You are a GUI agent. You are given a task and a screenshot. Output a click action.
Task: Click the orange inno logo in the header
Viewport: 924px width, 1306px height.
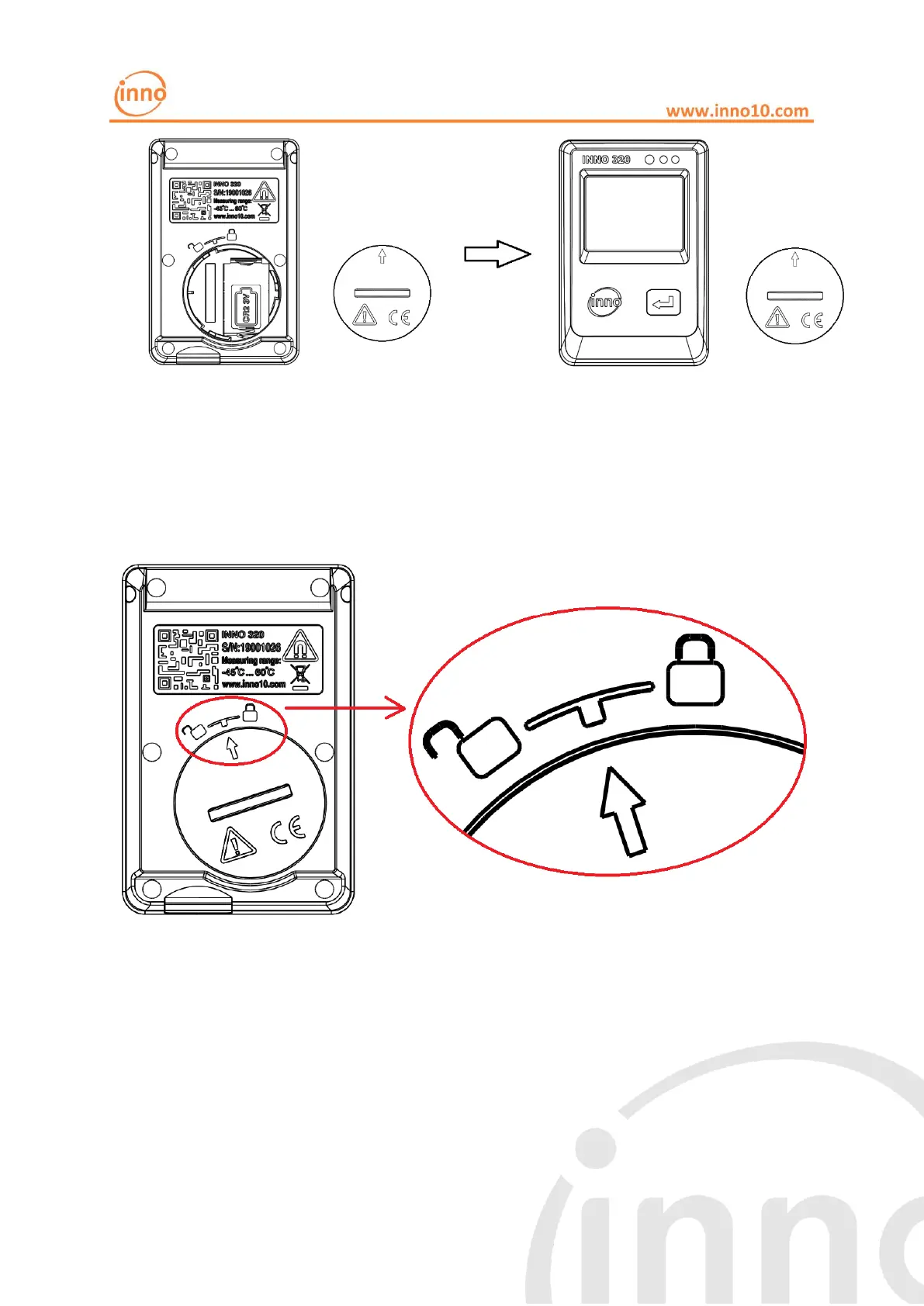140,94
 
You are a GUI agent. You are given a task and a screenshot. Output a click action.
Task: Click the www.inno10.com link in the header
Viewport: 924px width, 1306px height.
736,111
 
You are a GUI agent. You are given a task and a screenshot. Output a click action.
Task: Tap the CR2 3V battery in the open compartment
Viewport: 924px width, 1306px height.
246,307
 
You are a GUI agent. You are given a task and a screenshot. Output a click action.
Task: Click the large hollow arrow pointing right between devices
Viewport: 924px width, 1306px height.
497,254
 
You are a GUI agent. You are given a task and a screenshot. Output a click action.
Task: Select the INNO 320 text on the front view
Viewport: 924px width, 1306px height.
606,160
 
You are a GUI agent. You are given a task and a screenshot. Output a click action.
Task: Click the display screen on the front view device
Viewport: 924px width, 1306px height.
634,212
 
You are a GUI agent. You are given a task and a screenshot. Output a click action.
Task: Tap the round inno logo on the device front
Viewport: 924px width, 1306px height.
605,302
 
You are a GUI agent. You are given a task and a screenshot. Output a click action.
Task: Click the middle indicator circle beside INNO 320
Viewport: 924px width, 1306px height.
663,160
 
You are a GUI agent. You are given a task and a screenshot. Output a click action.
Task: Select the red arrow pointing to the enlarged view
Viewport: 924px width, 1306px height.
346,708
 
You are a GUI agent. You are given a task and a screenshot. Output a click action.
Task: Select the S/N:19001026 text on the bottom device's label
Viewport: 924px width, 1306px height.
251,647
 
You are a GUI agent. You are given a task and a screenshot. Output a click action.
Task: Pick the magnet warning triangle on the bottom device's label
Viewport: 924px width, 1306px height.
300,646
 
